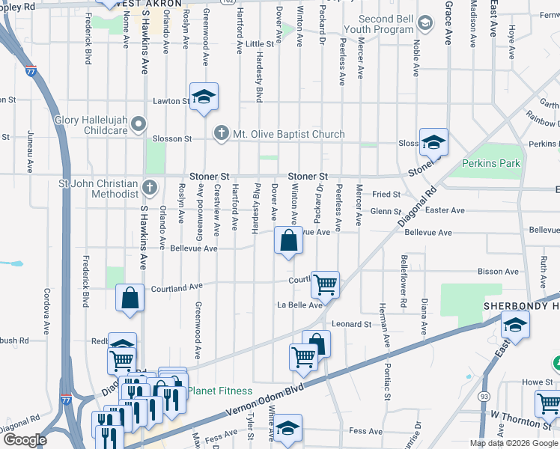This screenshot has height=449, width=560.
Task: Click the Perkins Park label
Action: [x=491, y=163]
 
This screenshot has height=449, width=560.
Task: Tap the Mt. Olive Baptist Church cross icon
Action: [x=221, y=134]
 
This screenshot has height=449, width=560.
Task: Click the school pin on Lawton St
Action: [x=203, y=97]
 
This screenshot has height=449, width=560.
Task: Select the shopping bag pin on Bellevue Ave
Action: [x=289, y=241]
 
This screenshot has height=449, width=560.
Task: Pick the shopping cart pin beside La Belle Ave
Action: [x=325, y=284]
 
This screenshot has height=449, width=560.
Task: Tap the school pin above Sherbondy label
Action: [x=515, y=324]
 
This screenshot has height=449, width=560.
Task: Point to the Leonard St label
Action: [x=352, y=324]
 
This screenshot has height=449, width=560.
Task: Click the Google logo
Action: [x=24, y=440]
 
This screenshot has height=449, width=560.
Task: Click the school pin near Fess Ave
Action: [x=287, y=427]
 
